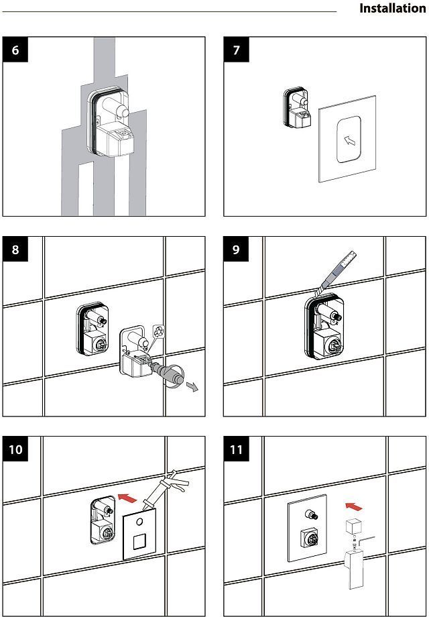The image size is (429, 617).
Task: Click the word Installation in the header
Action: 392,9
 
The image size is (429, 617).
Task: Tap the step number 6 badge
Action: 15,52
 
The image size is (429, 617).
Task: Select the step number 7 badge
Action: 236,52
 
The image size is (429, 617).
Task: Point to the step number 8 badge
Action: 15,249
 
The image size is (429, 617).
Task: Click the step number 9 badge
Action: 236,249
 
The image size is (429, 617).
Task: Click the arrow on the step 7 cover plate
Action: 347,140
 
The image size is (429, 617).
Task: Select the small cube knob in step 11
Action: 353,526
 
